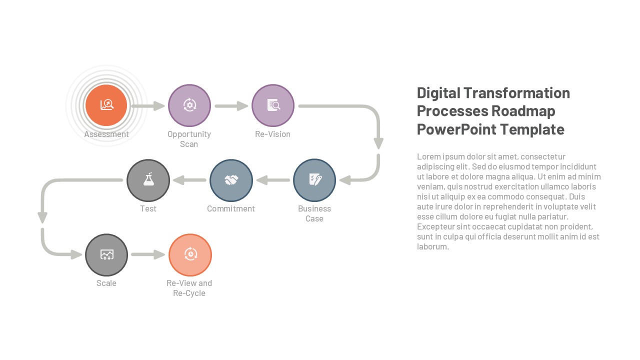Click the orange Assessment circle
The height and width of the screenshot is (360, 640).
[106, 105]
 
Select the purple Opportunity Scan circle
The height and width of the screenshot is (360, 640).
[189, 105]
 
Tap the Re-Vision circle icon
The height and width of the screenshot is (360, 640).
[273, 105]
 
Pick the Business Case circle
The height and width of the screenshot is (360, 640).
[314, 180]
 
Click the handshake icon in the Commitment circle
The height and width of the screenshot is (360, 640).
[231, 180]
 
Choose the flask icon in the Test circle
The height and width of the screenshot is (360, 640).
[148, 179]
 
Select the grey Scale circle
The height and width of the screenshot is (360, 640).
[106, 255]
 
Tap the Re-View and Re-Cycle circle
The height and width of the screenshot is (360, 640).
[190, 255]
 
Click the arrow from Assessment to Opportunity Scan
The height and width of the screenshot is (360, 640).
[148, 106]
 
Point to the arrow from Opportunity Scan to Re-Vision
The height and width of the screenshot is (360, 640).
[231, 106]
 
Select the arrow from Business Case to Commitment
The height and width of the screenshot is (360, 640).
[273, 180]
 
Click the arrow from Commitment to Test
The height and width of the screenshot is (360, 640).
[189, 180]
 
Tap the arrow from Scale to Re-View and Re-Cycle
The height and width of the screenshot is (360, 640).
[148, 254]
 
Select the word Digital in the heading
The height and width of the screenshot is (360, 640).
[438, 93]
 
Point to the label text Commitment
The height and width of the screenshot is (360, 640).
[231, 208]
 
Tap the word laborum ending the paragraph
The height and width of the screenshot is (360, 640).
[433, 246]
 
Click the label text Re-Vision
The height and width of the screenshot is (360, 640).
[272, 134]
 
